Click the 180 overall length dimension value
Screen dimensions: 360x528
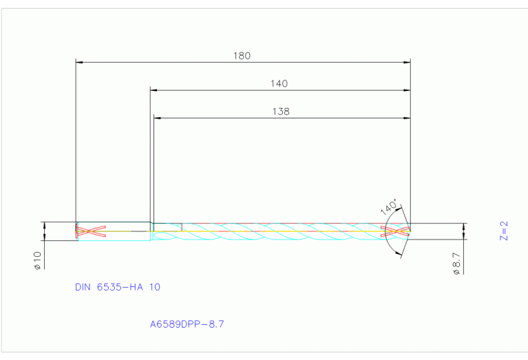(242, 56)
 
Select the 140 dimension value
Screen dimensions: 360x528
(279, 83)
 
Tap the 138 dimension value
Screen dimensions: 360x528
(281, 111)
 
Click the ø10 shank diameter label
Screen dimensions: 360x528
(38, 260)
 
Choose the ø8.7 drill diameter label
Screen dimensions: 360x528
(456, 264)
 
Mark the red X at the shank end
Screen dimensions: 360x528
(90, 231)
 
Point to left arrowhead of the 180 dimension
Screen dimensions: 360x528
(78, 62)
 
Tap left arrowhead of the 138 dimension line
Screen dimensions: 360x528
(157, 118)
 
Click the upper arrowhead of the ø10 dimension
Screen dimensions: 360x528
(45, 225)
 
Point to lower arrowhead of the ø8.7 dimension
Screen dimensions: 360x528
(466, 236)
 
